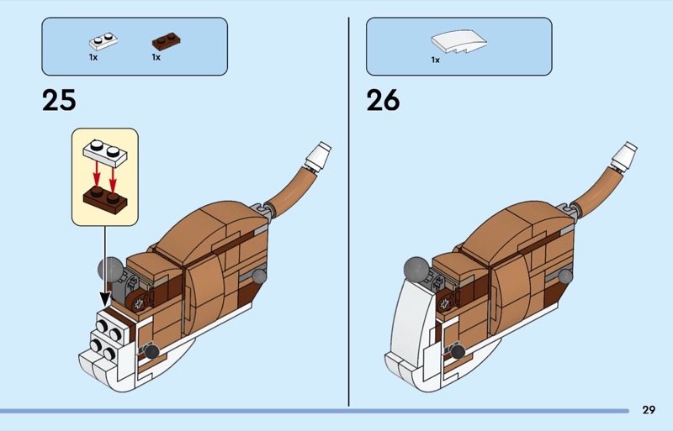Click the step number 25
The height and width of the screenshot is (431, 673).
[x=58, y=100]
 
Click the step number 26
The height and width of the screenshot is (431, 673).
[x=383, y=100]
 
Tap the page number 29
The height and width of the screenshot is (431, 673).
[x=648, y=409]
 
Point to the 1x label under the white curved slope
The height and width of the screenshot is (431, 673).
[x=435, y=60]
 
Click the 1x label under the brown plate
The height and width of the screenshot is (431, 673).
[x=156, y=58]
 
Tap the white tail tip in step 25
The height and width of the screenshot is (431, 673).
[x=320, y=155]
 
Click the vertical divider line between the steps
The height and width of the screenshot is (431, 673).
[x=348, y=210]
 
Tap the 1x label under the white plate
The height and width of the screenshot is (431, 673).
[x=93, y=58]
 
